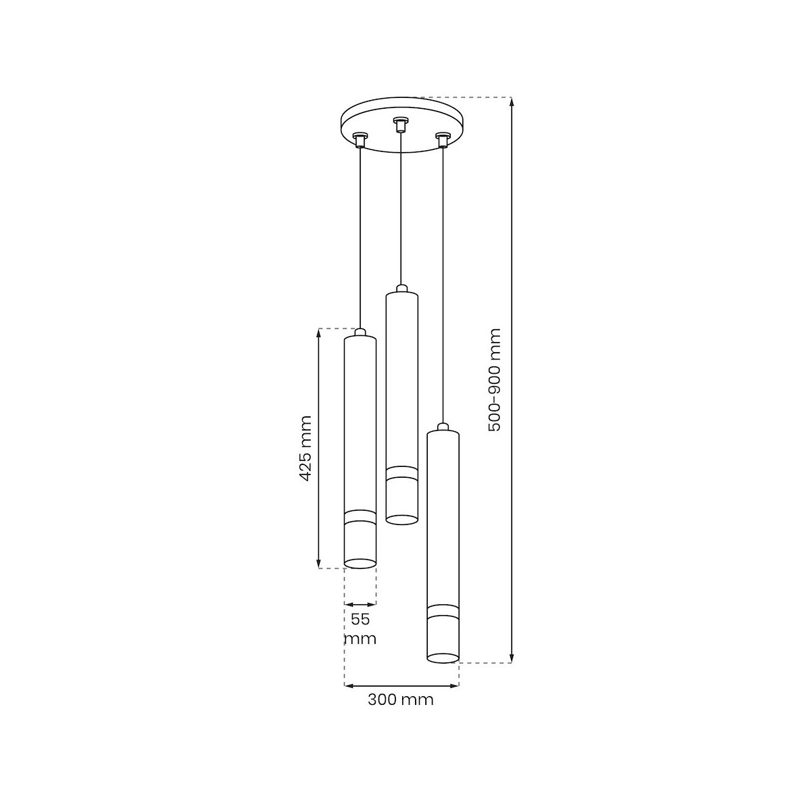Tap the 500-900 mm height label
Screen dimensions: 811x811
[493, 380]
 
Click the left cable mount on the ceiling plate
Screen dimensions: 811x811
[360, 140]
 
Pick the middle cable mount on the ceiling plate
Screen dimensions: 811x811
[400, 124]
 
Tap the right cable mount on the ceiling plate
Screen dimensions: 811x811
[442, 140]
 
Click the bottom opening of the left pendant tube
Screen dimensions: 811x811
[360, 564]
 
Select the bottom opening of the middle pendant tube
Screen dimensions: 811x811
[402, 519]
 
